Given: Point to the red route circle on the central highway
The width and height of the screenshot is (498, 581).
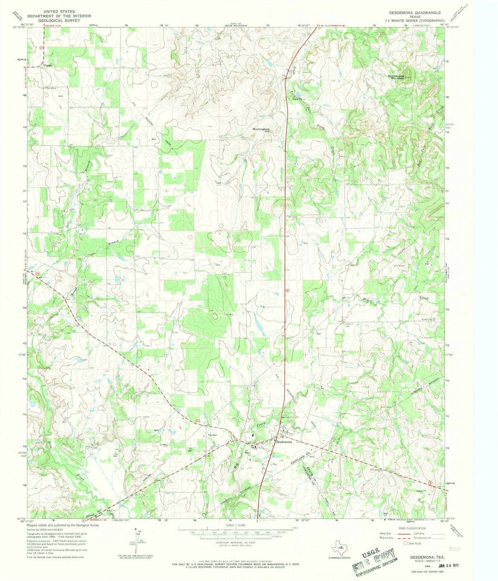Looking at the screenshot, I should coord(287,290).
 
